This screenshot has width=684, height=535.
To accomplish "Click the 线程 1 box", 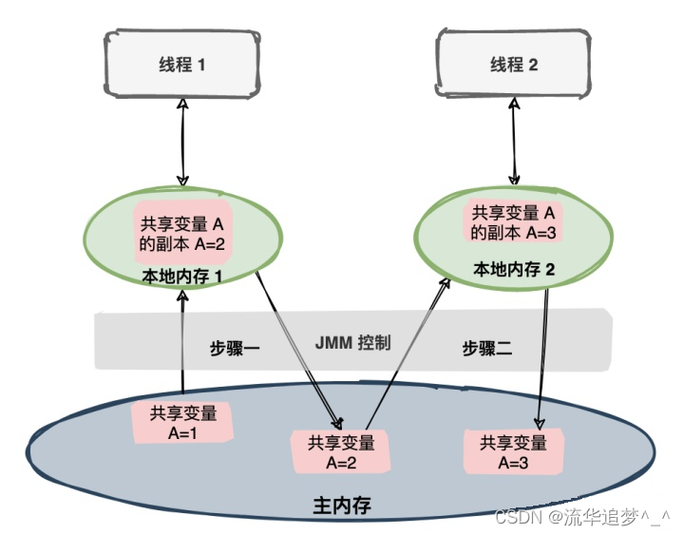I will (181, 66).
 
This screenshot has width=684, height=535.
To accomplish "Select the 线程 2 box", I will (513, 65).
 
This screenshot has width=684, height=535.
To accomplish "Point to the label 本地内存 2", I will (513, 270).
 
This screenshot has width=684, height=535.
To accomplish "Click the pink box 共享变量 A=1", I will (182, 421).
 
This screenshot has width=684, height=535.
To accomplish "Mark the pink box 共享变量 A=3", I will (513, 450).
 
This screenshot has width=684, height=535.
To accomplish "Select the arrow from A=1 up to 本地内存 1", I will (181, 342).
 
